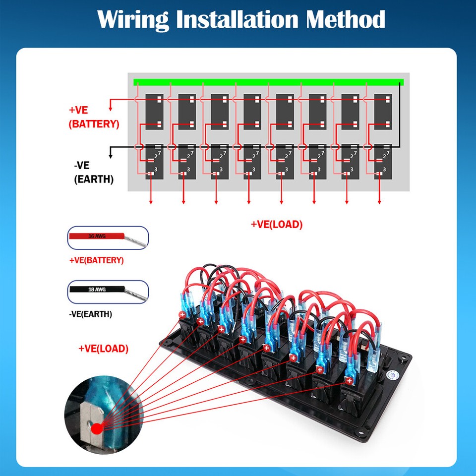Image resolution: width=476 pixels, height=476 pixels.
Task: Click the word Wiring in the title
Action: [133, 20]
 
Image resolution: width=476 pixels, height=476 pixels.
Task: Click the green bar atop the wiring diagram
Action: [268, 82]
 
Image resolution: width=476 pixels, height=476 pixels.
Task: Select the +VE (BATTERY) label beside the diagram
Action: [94, 117]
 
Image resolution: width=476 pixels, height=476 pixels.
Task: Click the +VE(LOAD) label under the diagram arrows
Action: [276, 224]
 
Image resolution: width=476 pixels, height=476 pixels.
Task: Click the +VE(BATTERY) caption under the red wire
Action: [96, 260]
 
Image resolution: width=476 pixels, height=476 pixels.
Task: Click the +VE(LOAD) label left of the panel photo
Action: [103, 349]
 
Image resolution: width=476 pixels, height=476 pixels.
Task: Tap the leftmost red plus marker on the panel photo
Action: [182, 315]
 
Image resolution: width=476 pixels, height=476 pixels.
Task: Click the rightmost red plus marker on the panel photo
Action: [349, 380]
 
